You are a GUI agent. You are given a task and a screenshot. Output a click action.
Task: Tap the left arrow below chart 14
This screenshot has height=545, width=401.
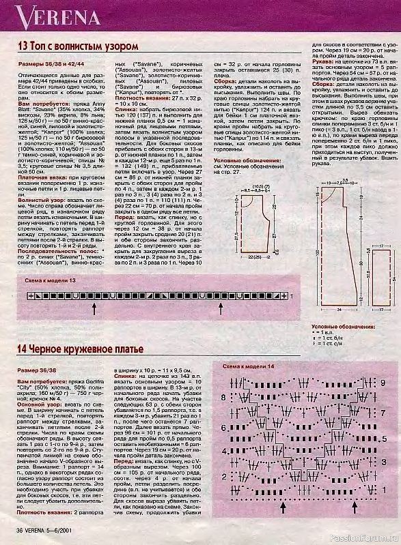tap(283, 526)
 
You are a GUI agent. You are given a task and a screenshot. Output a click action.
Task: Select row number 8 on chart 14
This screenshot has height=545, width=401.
tap(383, 397)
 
